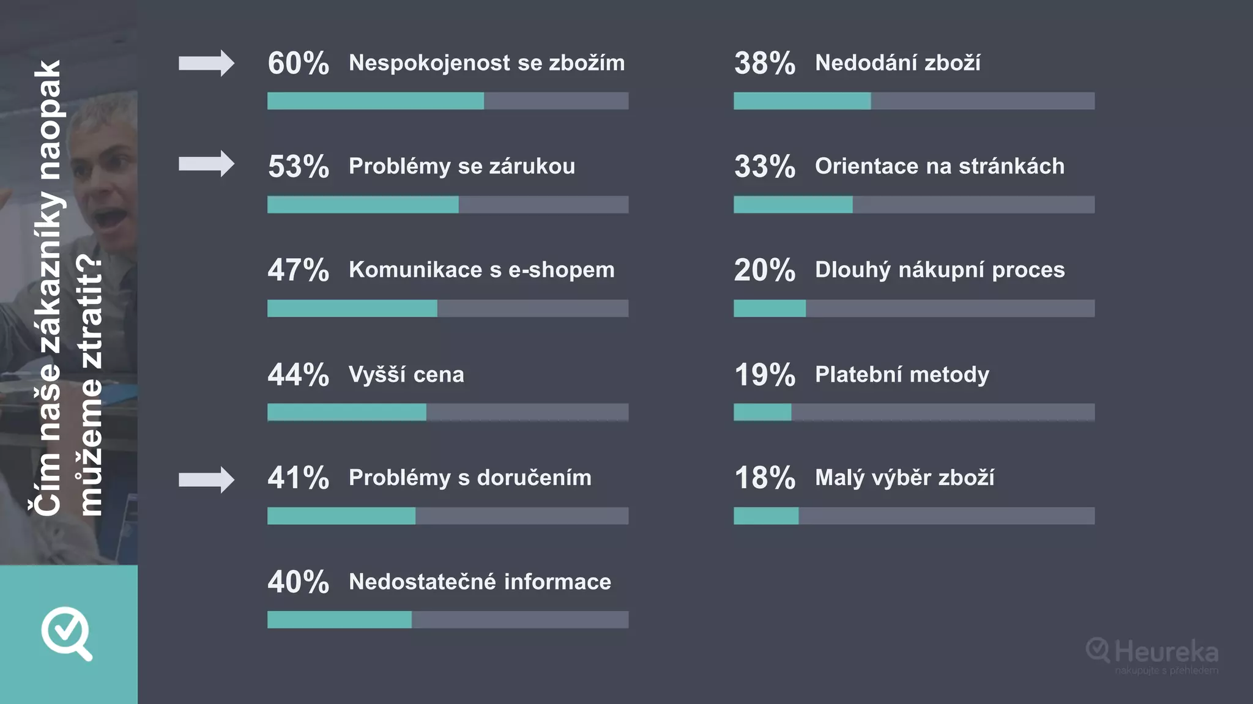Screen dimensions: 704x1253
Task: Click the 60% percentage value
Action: coord(299,63)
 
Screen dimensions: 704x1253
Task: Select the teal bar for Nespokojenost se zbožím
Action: coord(375,101)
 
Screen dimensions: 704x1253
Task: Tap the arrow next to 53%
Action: coord(206,164)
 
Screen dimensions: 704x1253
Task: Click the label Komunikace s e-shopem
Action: coord(481,270)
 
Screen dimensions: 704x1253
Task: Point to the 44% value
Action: coord(299,374)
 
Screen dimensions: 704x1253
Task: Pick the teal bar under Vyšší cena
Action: coord(346,412)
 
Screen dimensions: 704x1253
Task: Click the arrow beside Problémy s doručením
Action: coord(206,480)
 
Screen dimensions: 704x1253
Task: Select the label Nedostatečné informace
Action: coord(480,582)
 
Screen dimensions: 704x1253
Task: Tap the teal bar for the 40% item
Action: coord(339,620)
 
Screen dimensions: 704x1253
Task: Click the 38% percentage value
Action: coord(765,63)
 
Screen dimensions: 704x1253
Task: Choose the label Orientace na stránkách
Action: coord(940,166)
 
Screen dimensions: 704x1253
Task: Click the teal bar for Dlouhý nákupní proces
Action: coord(769,308)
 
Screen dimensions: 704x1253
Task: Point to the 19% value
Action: coord(765,374)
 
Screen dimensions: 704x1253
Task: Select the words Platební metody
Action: coord(902,374)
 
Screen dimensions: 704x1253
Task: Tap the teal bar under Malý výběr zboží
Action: coord(765,516)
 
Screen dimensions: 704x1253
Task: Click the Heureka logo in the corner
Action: coord(1153,654)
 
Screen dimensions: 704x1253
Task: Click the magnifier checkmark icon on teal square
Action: coord(67,633)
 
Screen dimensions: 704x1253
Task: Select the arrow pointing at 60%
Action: coord(206,63)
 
